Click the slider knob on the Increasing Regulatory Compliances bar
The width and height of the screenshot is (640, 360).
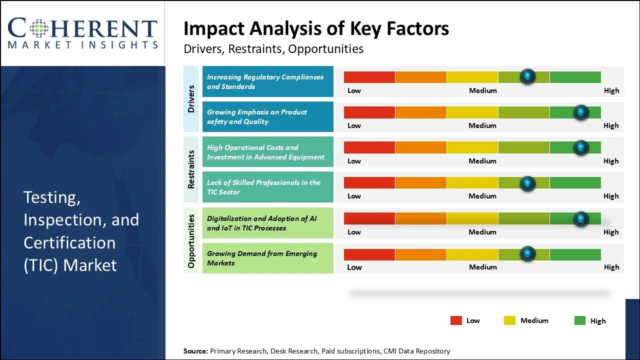[527, 76]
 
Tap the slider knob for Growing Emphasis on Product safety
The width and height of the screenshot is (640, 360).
[580, 112]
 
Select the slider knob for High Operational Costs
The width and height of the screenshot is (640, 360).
[580, 147]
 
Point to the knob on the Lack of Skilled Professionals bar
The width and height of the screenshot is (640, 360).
[527, 183]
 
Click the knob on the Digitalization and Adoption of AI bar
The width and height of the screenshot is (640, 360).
[580, 218]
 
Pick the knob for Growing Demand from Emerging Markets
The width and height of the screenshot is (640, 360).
[527, 254]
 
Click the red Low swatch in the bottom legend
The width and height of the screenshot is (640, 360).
[456, 320]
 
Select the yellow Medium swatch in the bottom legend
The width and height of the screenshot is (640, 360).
[509, 320]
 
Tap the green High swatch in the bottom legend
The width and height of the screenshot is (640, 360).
[579, 320]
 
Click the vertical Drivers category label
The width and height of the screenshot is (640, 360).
[191, 98]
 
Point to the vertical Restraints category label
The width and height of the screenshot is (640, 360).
[191, 169]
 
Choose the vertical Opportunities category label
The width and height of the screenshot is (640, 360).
[191, 240]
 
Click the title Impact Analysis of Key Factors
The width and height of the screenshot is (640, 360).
[316, 28]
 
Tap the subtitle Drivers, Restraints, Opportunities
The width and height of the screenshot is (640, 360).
[273, 49]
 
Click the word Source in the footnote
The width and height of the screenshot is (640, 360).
[195, 351]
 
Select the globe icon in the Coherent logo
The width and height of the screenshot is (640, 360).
[39, 28]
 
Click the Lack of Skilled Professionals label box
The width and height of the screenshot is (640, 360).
[267, 187]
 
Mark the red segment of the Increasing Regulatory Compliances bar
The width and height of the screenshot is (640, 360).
[369, 77]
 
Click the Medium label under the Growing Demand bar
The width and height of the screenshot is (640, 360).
[483, 267]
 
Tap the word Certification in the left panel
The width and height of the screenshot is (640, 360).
[69, 242]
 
